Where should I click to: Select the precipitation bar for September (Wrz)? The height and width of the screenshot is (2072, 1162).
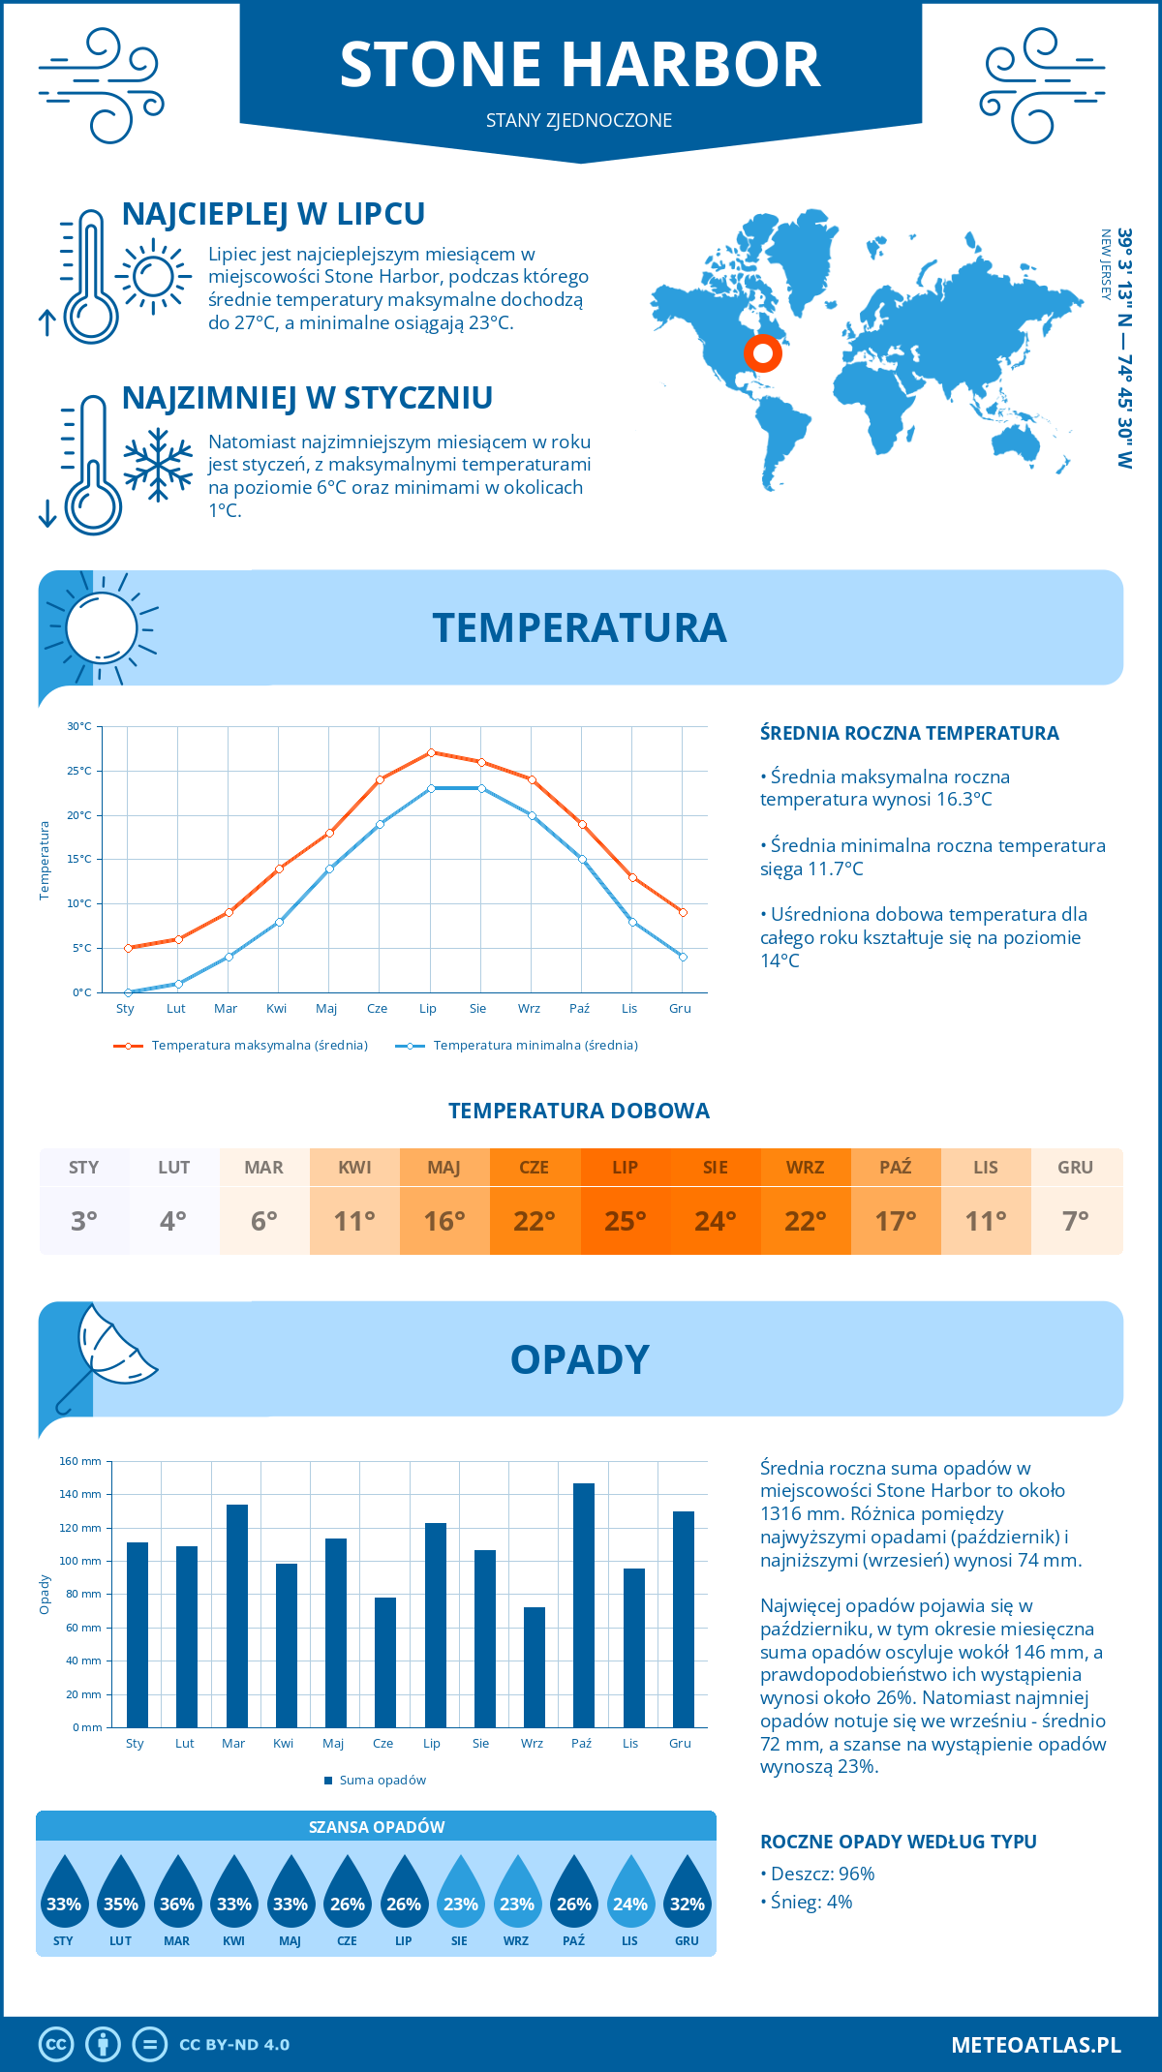pyautogui.click(x=534, y=1667)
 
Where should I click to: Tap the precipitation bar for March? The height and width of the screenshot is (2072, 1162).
pyautogui.click(x=236, y=1616)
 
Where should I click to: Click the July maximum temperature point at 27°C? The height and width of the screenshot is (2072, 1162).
pyautogui.click(x=431, y=752)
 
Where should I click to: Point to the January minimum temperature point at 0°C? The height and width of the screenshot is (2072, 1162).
pyautogui.click(x=128, y=992)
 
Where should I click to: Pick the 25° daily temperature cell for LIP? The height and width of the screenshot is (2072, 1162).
pyautogui.click(x=625, y=1221)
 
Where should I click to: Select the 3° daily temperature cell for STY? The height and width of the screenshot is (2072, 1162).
pyautogui.click(x=84, y=1221)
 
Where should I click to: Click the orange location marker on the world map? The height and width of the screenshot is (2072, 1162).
pyautogui.click(x=763, y=353)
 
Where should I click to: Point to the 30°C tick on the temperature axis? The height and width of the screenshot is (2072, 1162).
pyautogui.click(x=79, y=726)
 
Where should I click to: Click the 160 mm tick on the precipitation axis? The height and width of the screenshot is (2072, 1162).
pyautogui.click(x=81, y=1461)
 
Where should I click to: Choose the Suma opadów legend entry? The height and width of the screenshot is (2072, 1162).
pyautogui.click(x=382, y=1781)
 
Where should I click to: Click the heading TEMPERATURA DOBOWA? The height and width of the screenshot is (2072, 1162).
pyautogui.click(x=579, y=1111)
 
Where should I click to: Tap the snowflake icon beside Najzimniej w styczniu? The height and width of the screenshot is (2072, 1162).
pyautogui.click(x=158, y=465)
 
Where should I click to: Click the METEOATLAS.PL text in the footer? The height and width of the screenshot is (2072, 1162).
pyautogui.click(x=1036, y=2045)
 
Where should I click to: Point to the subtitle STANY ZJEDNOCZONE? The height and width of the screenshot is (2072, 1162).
pyautogui.click(x=579, y=120)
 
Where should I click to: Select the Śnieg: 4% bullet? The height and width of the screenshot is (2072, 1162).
pyautogui.click(x=811, y=1902)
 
